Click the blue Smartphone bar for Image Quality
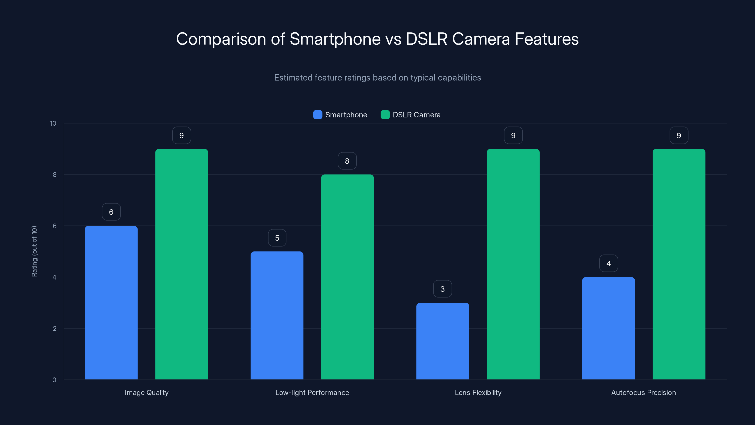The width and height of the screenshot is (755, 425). [111, 302]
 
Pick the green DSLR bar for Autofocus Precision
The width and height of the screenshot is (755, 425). [679, 264]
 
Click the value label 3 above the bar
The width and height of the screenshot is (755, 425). [443, 289]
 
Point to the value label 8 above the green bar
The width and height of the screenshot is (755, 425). [347, 161]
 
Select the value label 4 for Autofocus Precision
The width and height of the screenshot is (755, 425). [608, 263]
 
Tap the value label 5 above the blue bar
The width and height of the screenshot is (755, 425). [277, 238]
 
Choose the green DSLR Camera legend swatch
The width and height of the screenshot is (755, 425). [385, 115]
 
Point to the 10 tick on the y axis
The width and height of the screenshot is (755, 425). [53, 123]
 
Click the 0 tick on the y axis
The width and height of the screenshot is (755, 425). [54, 380]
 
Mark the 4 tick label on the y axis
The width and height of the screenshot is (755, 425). [54, 277]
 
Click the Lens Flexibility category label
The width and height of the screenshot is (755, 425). [478, 392]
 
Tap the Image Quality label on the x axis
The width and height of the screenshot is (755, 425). [147, 392]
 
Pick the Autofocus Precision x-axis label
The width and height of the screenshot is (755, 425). [644, 392]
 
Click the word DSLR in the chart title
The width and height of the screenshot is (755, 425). [426, 39]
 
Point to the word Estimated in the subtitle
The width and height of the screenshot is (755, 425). [293, 77]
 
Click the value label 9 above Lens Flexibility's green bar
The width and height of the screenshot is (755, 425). [513, 135]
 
